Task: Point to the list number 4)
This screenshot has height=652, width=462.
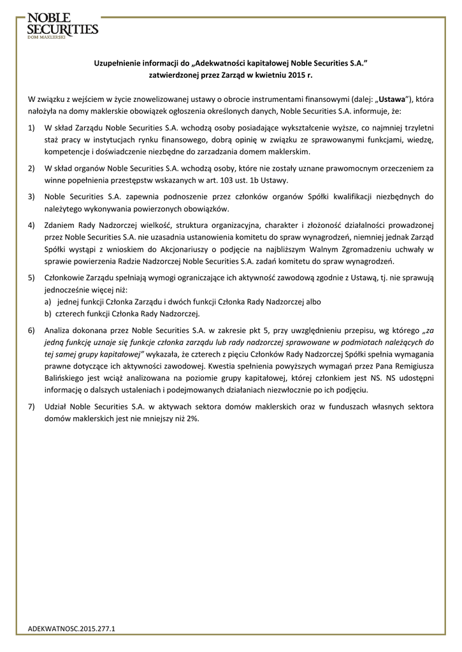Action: (x=32, y=225)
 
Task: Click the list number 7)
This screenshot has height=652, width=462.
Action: (x=32, y=406)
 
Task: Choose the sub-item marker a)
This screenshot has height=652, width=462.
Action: (x=48, y=302)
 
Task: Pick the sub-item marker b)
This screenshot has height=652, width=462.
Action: (x=48, y=314)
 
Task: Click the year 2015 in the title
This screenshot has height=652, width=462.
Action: (x=289, y=74)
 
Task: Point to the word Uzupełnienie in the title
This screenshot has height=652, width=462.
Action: (x=117, y=63)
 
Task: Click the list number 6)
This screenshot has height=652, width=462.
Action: (x=32, y=331)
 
